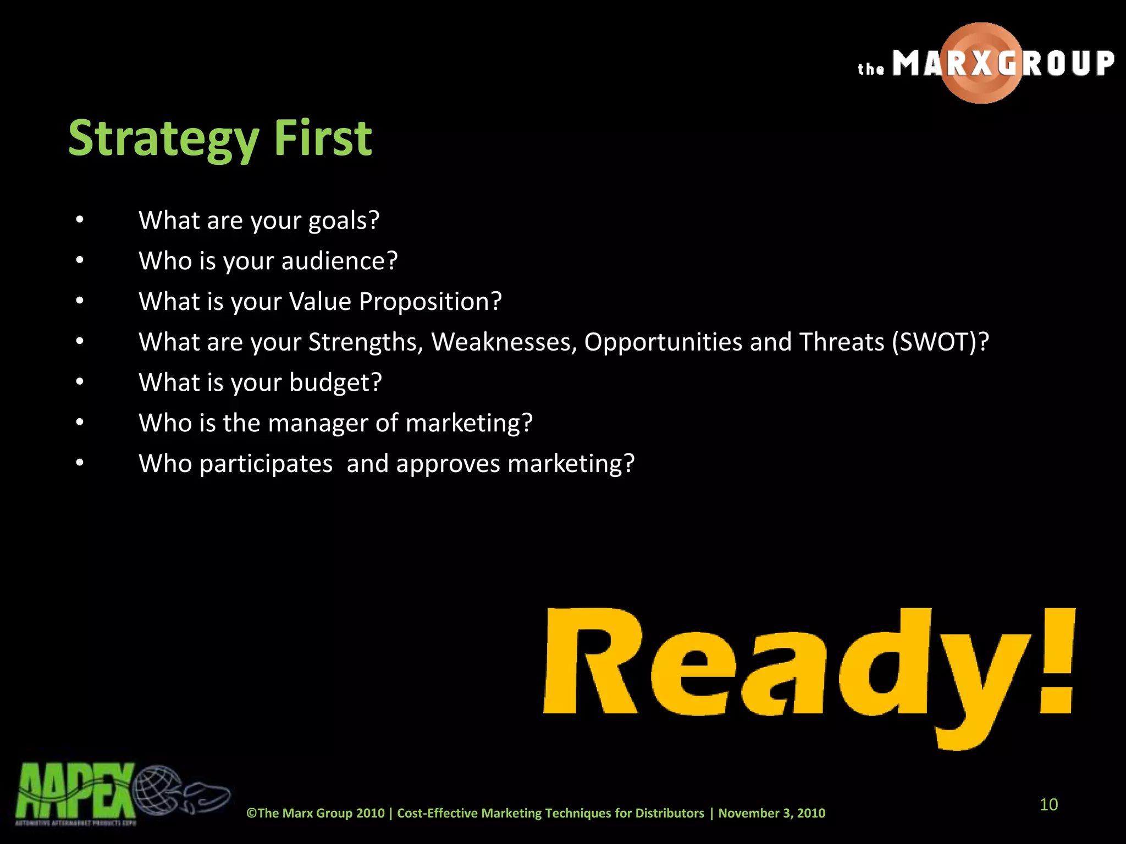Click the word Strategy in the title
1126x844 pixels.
click(x=163, y=138)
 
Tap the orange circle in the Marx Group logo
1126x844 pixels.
click(x=981, y=63)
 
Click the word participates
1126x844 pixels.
click(x=266, y=464)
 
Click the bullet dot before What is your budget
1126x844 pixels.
click(x=80, y=381)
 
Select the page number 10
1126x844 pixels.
click(x=1048, y=804)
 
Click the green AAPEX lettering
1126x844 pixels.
click(x=74, y=791)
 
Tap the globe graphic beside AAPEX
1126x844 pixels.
click(x=157, y=790)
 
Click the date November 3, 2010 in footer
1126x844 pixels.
click(x=771, y=813)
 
